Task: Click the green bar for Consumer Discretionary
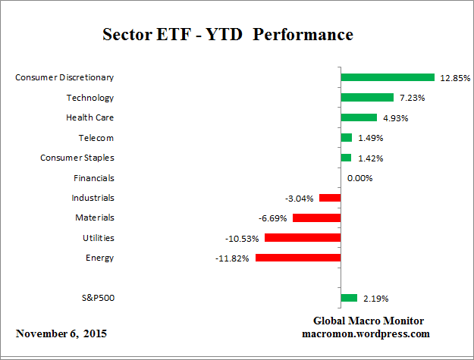pos(387,77)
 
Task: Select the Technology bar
pos(367,97)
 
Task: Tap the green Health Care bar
pos(359,117)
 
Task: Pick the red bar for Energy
pos(298,258)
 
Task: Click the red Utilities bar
pos(303,238)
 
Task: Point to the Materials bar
pos(316,218)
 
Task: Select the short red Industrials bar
pos(330,198)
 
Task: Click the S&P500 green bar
pos(349,298)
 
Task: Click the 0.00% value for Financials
pos(359,178)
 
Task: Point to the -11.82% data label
pos(233,258)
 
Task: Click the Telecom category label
pos(96,138)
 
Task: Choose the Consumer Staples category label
pos(77,158)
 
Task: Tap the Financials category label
pos(93,178)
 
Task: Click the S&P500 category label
pos(97,298)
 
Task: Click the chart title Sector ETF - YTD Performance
pos(228,35)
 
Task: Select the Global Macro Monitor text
pos(368,321)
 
